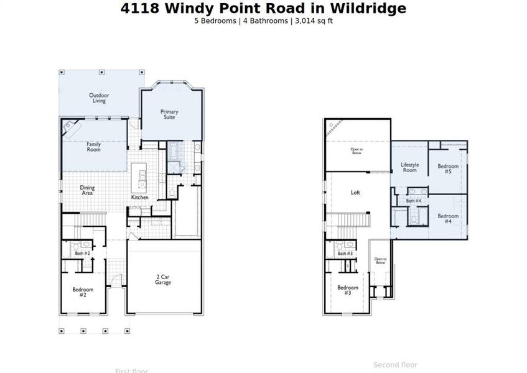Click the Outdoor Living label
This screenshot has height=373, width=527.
point(99,98)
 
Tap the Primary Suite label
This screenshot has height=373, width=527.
point(169,114)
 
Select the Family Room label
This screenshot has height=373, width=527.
point(93,147)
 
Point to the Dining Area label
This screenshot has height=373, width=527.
point(86,191)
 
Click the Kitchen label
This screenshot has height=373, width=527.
point(139,197)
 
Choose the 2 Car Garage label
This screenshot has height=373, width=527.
point(163,280)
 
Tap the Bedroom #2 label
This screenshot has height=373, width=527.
point(83,292)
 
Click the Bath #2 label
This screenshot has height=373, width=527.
point(83,253)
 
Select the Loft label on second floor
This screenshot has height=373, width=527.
point(355,193)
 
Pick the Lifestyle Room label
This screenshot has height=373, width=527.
point(409,168)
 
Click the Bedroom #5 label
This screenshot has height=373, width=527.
point(448,168)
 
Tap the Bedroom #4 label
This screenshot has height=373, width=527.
point(448,218)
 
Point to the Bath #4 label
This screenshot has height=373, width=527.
point(414,201)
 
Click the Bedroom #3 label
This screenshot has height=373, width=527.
point(348,290)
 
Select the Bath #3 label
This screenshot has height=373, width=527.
point(345,253)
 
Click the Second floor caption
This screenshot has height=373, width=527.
point(395,365)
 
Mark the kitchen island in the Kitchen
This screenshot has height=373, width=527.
point(139,178)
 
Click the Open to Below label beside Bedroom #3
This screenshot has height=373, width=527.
point(380,261)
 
